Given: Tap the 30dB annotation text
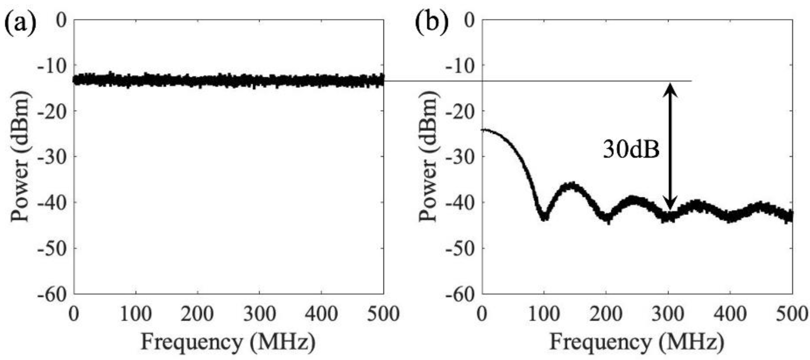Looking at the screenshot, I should [x=631, y=150].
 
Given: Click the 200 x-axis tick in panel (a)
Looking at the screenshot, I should [x=197, y=314].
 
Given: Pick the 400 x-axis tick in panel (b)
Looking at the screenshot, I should [x=730, y=314].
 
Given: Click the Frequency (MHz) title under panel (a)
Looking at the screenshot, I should [x=228, y=342].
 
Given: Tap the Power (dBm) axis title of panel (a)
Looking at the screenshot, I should [x=20, y=157].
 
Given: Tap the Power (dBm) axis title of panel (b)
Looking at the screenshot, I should [x=429, y=157].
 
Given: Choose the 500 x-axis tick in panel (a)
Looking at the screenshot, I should [x=383, y=314].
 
